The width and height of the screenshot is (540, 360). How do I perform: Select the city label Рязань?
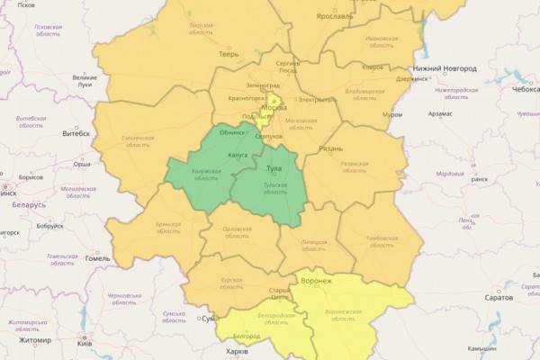[x=331, y=148]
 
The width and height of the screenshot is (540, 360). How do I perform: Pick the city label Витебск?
[x=75, y=133]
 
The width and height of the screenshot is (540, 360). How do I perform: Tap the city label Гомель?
[x=97, y=258]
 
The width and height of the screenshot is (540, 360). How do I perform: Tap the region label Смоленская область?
[x=135, y=142]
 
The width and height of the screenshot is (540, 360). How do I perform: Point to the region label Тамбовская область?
[x=382, y=242]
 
